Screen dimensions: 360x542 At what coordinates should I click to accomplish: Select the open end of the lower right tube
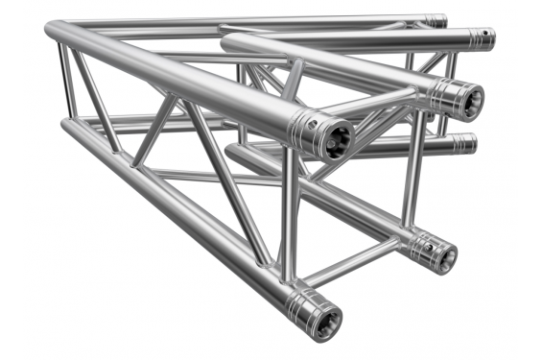point(442,255)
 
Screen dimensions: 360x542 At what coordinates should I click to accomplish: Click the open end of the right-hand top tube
point(468,100)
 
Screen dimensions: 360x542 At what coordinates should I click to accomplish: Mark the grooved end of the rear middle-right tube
point(464,143)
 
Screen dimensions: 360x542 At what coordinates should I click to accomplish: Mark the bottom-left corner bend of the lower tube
point(69,129)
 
